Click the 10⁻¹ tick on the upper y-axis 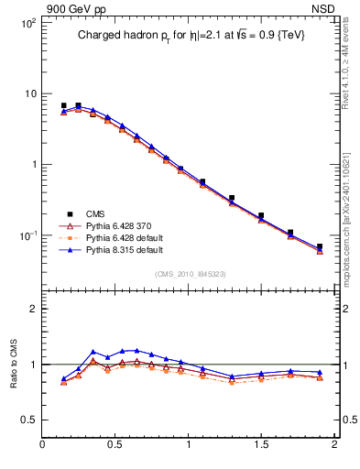27,235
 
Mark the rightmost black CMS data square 320,246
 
